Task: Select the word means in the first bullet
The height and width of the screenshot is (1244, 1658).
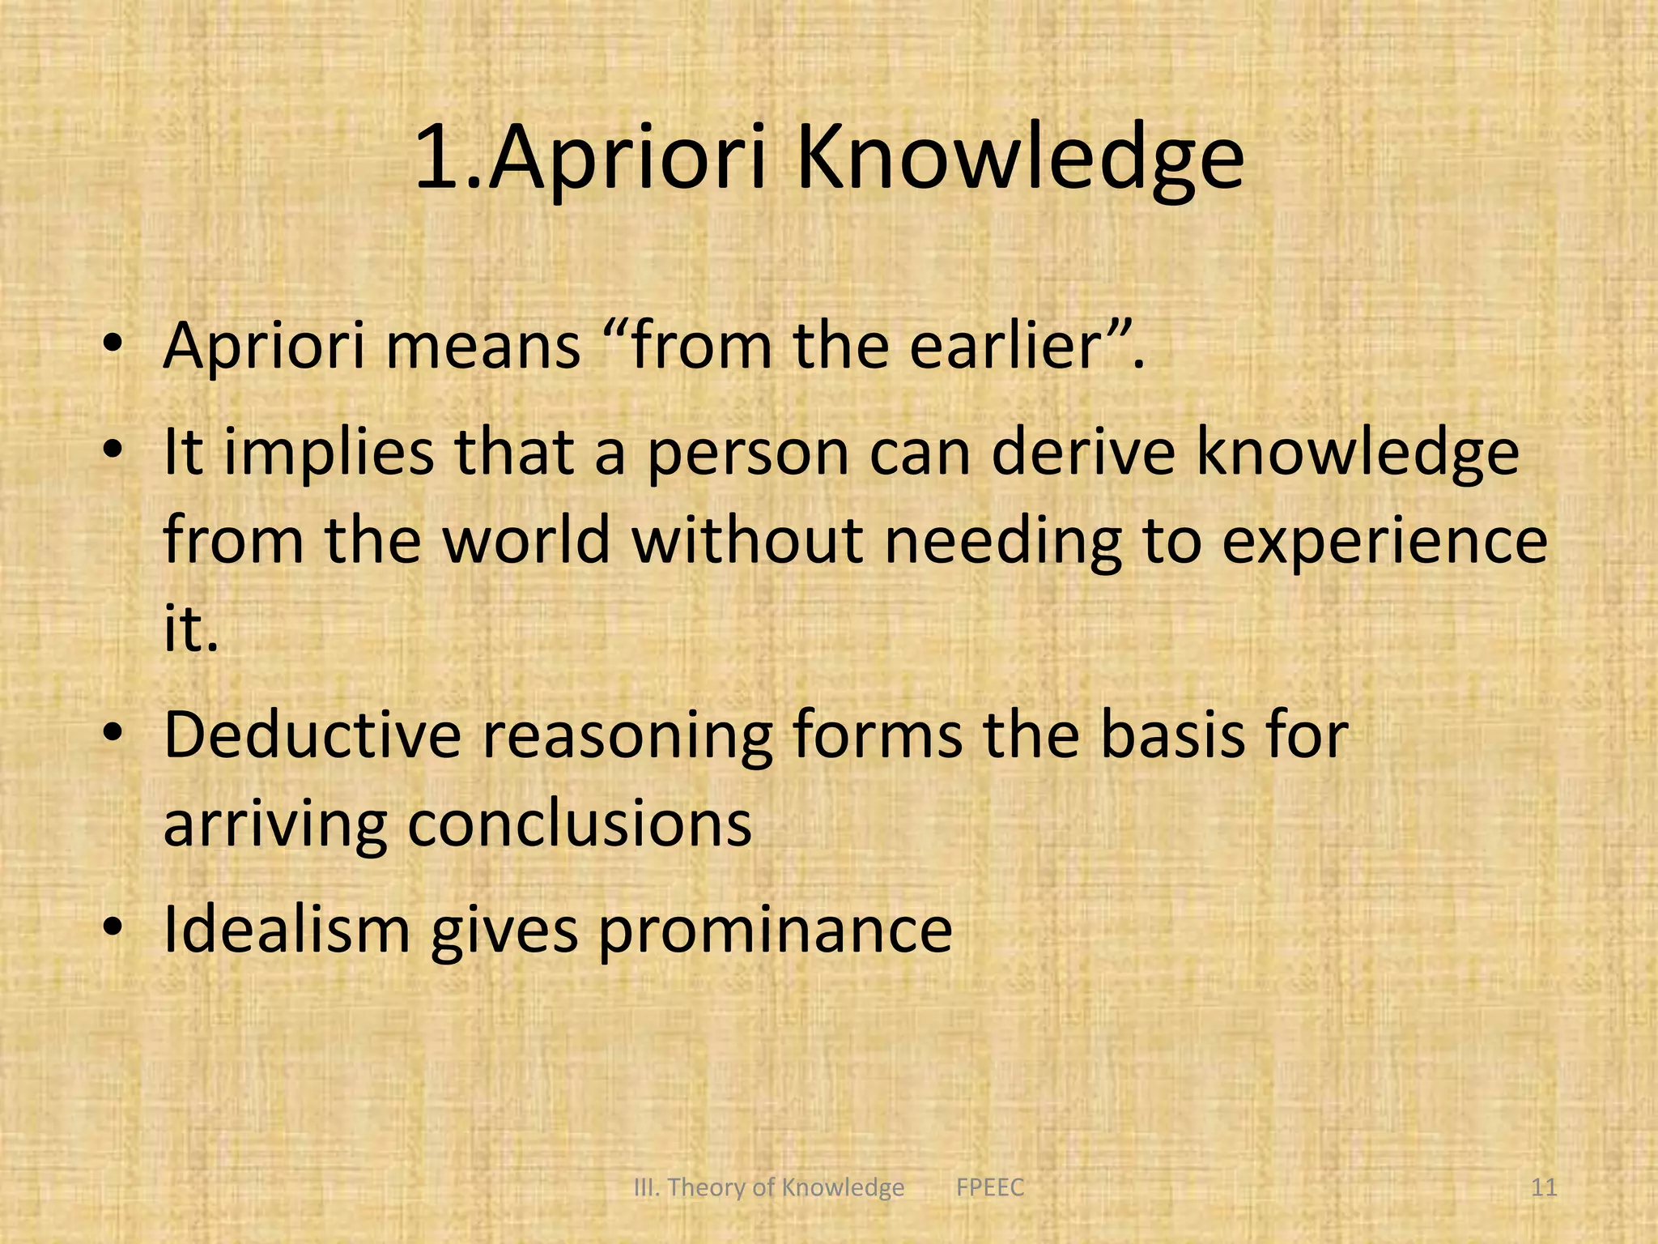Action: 483,346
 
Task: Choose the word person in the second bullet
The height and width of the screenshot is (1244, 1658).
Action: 748,454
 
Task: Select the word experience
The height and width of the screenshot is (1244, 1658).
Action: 1384,542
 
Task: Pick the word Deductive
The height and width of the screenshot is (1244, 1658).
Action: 312,735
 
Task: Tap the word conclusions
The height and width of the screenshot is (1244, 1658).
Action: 580,824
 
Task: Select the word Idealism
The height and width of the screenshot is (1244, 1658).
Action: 287,929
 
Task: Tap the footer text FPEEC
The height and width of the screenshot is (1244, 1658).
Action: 990,1187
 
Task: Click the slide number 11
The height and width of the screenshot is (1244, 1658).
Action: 1545,1187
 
